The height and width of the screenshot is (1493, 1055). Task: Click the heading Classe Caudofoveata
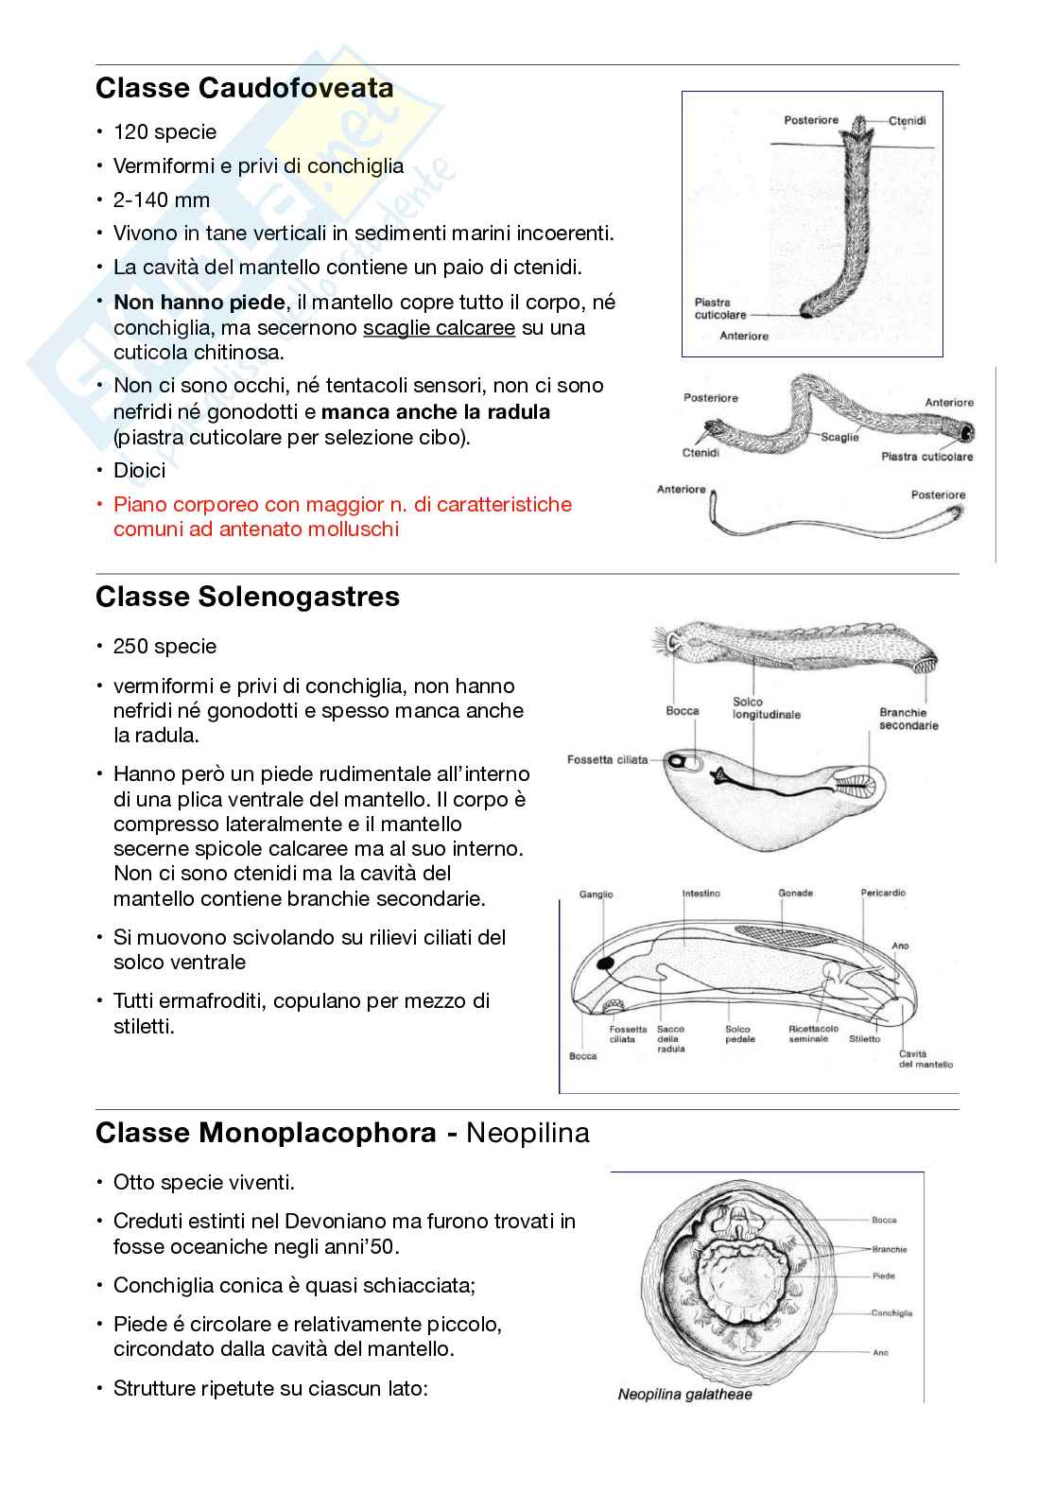pyautogui.click(x=245, y=89)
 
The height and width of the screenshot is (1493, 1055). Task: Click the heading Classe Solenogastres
pyautogui.click(x=248, y=597)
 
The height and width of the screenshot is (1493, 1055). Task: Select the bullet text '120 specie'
pyautogui.click(x=164, y=132)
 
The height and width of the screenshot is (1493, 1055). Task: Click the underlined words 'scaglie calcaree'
pyautogui.click(x=439, y=328)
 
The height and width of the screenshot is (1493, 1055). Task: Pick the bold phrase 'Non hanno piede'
pyautogui.click(x=199, y=303)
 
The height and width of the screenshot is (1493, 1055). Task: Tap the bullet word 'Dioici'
pyautogui.click(x=139, y=470)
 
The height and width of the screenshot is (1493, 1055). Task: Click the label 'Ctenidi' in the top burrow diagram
pyautogui.click(x=908, y=121)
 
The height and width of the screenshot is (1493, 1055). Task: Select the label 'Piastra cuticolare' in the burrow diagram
pyautogui.click(x=720, y=308)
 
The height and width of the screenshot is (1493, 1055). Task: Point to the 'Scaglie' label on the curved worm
pyautogui.click(x=839, y=437)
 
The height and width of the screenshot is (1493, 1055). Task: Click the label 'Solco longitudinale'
pyautogui.click(x=766, y=708)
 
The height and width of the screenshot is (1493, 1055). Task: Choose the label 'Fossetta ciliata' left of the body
pyautogui.click(x=607, y=759)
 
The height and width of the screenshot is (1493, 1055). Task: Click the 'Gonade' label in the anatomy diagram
pyautogui.click(x=795, y=893)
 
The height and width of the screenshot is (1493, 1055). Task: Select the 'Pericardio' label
pyautogui.click(x=883, y=893)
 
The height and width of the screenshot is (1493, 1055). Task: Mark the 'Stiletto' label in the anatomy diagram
pyautogui.click(x=864, y=1039)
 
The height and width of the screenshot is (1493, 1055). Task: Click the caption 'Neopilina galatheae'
pyautogui.click(x=684, y=1394)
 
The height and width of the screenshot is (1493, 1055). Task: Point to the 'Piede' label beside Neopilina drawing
pyautogui.click(x=883, y=1276)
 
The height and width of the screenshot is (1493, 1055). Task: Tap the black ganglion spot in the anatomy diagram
pyautogui.click(x=604, y=964)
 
